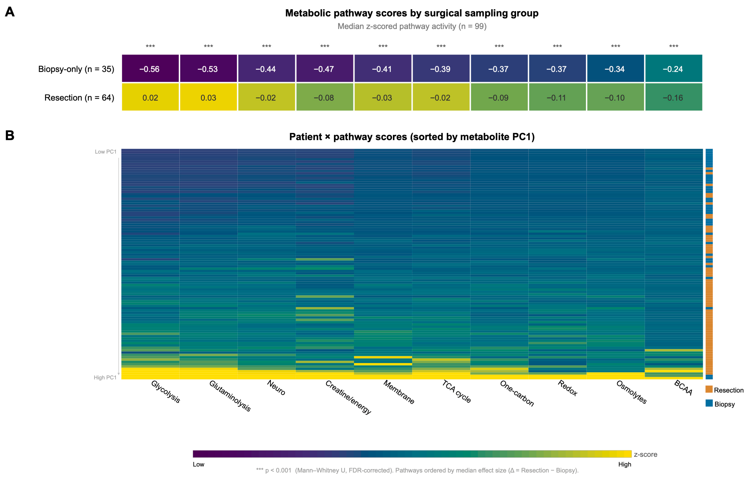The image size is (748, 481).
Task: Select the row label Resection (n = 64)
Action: pos(79,98)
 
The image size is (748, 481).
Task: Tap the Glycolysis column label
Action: pos(166,392)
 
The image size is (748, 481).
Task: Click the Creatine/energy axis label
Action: pos(348,397)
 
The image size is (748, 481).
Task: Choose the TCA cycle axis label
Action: pos(456,392)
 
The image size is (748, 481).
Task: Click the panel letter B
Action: pos(10,136)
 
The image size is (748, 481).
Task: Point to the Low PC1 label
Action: pos(106,152)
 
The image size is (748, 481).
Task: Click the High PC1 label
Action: pos(105,378)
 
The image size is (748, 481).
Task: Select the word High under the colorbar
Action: pos(625,464)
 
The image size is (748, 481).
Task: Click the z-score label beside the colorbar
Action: pos(646,454)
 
